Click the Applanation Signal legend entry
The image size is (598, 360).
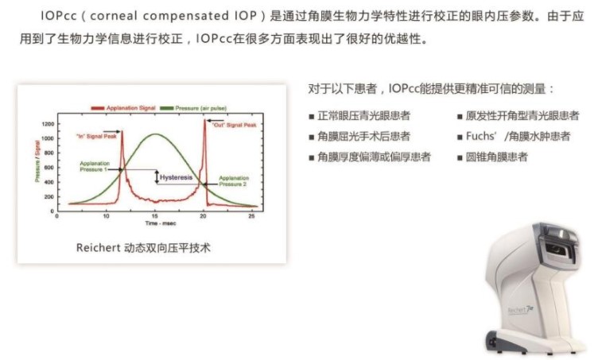(123, 108)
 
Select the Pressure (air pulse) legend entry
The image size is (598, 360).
(193, 108)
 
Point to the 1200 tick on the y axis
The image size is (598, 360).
(48, 124)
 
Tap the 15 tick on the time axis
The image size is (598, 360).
(155, 216)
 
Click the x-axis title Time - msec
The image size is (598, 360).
(161, 223)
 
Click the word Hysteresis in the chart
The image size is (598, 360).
(177, 177)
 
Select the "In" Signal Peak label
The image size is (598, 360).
(96, 136)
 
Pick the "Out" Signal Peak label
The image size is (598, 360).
(235, 125)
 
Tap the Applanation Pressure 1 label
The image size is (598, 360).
(94, 166)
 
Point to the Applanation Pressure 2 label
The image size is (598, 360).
(234, 181)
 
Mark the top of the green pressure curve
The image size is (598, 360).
(155, 134)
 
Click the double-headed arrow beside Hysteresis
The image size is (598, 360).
(157, 177)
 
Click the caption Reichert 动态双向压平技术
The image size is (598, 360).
(143, 248)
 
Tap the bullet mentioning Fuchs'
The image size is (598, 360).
(514, 137)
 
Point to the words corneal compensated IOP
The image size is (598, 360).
(173, 16)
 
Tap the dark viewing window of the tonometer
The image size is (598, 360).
(557, 249)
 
